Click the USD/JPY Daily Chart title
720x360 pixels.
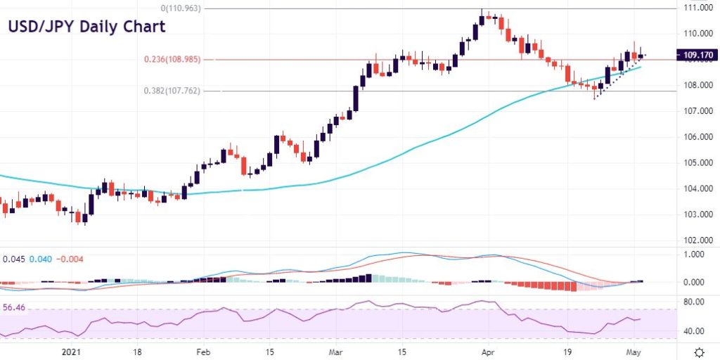click(x=86, y=27)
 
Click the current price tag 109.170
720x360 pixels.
click(x=694, y=54)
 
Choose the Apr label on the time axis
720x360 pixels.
click(x=486, y=352)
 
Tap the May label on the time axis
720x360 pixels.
click(x=633, y=352)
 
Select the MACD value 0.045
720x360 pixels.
click(x=14, y=259)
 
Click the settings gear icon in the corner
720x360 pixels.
click(x=700, y=352)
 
